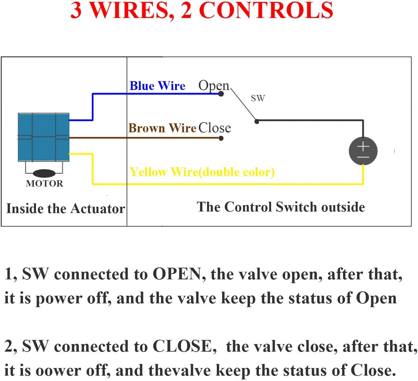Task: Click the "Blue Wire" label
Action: tap(157, 86)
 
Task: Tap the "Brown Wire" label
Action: tap(162, 128)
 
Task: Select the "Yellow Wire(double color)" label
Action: tap(202, 172)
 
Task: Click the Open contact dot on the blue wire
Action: tap(221, 94)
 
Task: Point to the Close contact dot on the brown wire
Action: tap(221, 138)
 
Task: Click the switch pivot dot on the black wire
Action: tap(257, 121)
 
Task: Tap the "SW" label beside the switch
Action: tap(258, 98)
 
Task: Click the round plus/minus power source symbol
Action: tap(363, 151)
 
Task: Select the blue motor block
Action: tap(44, 137)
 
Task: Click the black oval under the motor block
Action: tap(44, 173)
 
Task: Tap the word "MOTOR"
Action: tap(45, 183)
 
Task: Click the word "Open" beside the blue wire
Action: tap(214, 86)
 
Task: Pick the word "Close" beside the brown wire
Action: tap(215, 128)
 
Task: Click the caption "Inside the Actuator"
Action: tap(66, 209)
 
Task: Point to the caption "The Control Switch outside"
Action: tap(281, 207)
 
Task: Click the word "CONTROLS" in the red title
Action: tap(266, 10)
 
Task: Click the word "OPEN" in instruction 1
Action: tap(177, 274)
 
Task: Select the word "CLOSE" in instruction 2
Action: tap(182, 346)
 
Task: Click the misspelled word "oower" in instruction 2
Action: tap(58, 370)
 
